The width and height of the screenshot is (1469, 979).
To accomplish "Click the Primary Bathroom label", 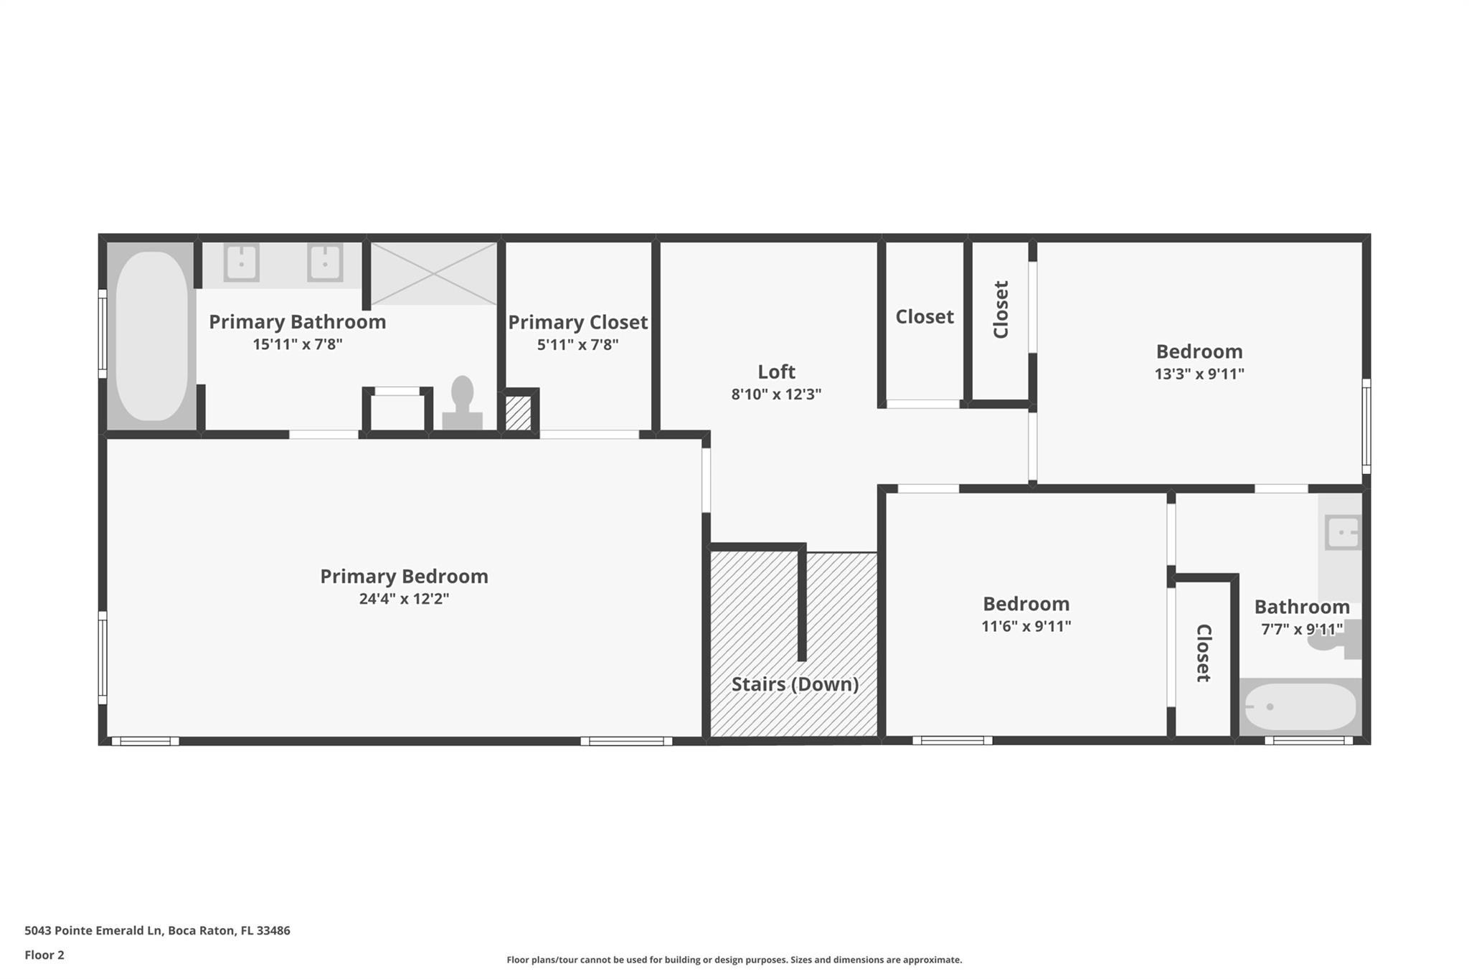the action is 297,322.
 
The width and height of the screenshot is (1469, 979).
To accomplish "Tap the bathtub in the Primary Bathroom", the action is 152,336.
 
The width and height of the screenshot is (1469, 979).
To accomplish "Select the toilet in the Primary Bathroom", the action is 463,402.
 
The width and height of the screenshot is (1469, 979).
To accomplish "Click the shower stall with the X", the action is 433,273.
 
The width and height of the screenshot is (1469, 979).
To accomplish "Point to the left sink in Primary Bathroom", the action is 242,263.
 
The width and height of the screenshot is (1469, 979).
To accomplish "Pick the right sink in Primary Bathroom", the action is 325,263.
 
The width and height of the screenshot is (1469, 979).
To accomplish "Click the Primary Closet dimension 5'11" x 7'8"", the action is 577,345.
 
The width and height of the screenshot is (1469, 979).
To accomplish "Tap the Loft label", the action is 777,372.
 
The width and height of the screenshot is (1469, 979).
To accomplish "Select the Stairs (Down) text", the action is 795,684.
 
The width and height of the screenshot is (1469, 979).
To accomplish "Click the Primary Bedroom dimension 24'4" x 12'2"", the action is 404,599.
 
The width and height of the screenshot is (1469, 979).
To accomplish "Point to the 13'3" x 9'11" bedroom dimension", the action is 1199,374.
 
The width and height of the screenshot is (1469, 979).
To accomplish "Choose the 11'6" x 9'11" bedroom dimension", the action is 1026,626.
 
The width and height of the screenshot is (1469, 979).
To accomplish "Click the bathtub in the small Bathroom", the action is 1300,706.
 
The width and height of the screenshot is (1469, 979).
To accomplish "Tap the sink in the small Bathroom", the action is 1343,532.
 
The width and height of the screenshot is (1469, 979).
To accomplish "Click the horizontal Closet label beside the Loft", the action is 925,316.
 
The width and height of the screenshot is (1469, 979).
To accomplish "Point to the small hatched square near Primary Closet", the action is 518,414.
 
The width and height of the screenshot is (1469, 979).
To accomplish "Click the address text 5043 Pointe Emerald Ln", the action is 93,930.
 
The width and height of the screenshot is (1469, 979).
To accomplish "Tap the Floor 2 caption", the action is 44,955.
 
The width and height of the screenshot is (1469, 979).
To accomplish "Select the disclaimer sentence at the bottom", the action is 734,960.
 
